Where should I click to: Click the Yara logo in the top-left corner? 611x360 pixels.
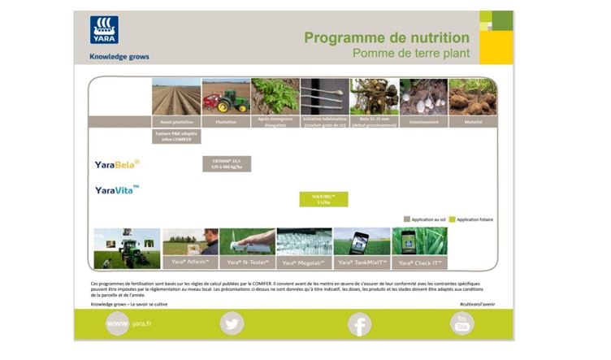(104, 30)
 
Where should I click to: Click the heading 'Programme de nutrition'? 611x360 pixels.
(386, 37)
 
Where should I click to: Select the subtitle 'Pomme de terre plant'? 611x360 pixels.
(410, 54)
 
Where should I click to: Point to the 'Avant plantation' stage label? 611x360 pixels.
(176, 122)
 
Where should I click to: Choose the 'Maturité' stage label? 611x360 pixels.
(473, 122)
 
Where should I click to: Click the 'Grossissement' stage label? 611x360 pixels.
(423, 122)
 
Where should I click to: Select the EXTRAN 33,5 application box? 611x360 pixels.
(227, 163)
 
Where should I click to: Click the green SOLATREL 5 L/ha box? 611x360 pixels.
(323, 199)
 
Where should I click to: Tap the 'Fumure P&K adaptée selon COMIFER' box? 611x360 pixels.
(176, 137)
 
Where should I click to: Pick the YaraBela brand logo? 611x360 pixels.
(116, 163)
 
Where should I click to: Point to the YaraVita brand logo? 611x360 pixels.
(116, 190)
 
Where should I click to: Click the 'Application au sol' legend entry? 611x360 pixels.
(423, 219)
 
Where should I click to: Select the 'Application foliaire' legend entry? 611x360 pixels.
(471, 219)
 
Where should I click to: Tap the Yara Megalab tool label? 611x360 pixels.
(304, 262)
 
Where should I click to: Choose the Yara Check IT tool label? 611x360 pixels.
(419, 262)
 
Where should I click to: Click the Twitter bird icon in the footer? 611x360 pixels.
(232, 324)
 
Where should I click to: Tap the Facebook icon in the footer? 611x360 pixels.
(359, 324)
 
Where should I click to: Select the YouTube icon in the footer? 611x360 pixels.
(462, 323)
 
